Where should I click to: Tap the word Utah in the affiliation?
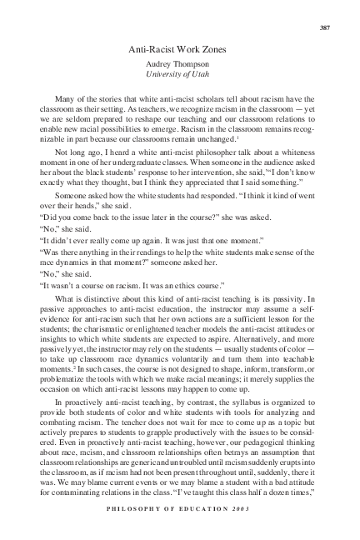click(208, 75)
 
